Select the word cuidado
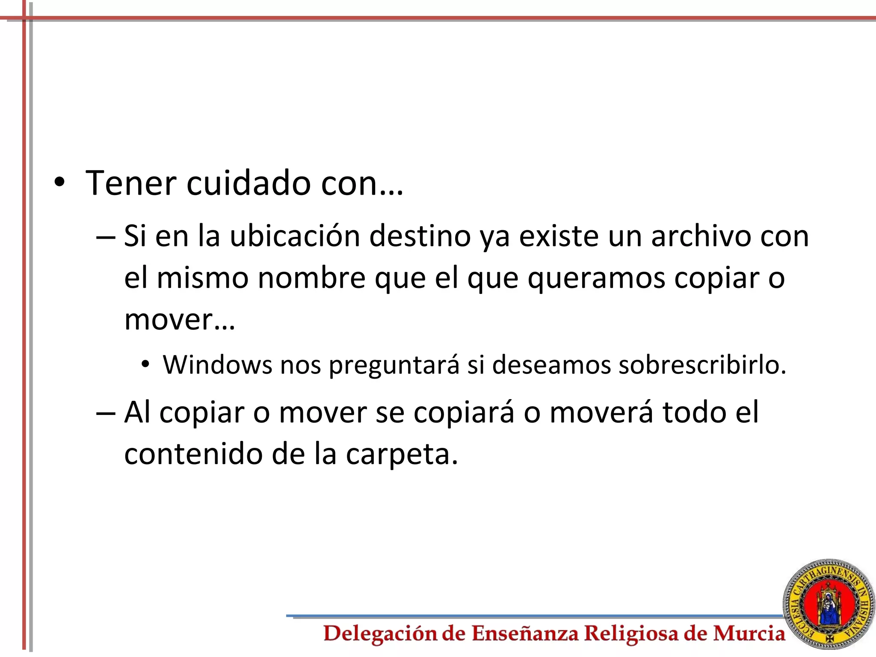pyautogui.click(x=248, y=183)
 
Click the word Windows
pyautogui.click(x=217, y=365)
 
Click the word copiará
pyautogui.click(x=464, y=413)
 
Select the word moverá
pyautogui.click(x=601, y=412)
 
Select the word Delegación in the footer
pyautogui.click(x=380, y=633)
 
